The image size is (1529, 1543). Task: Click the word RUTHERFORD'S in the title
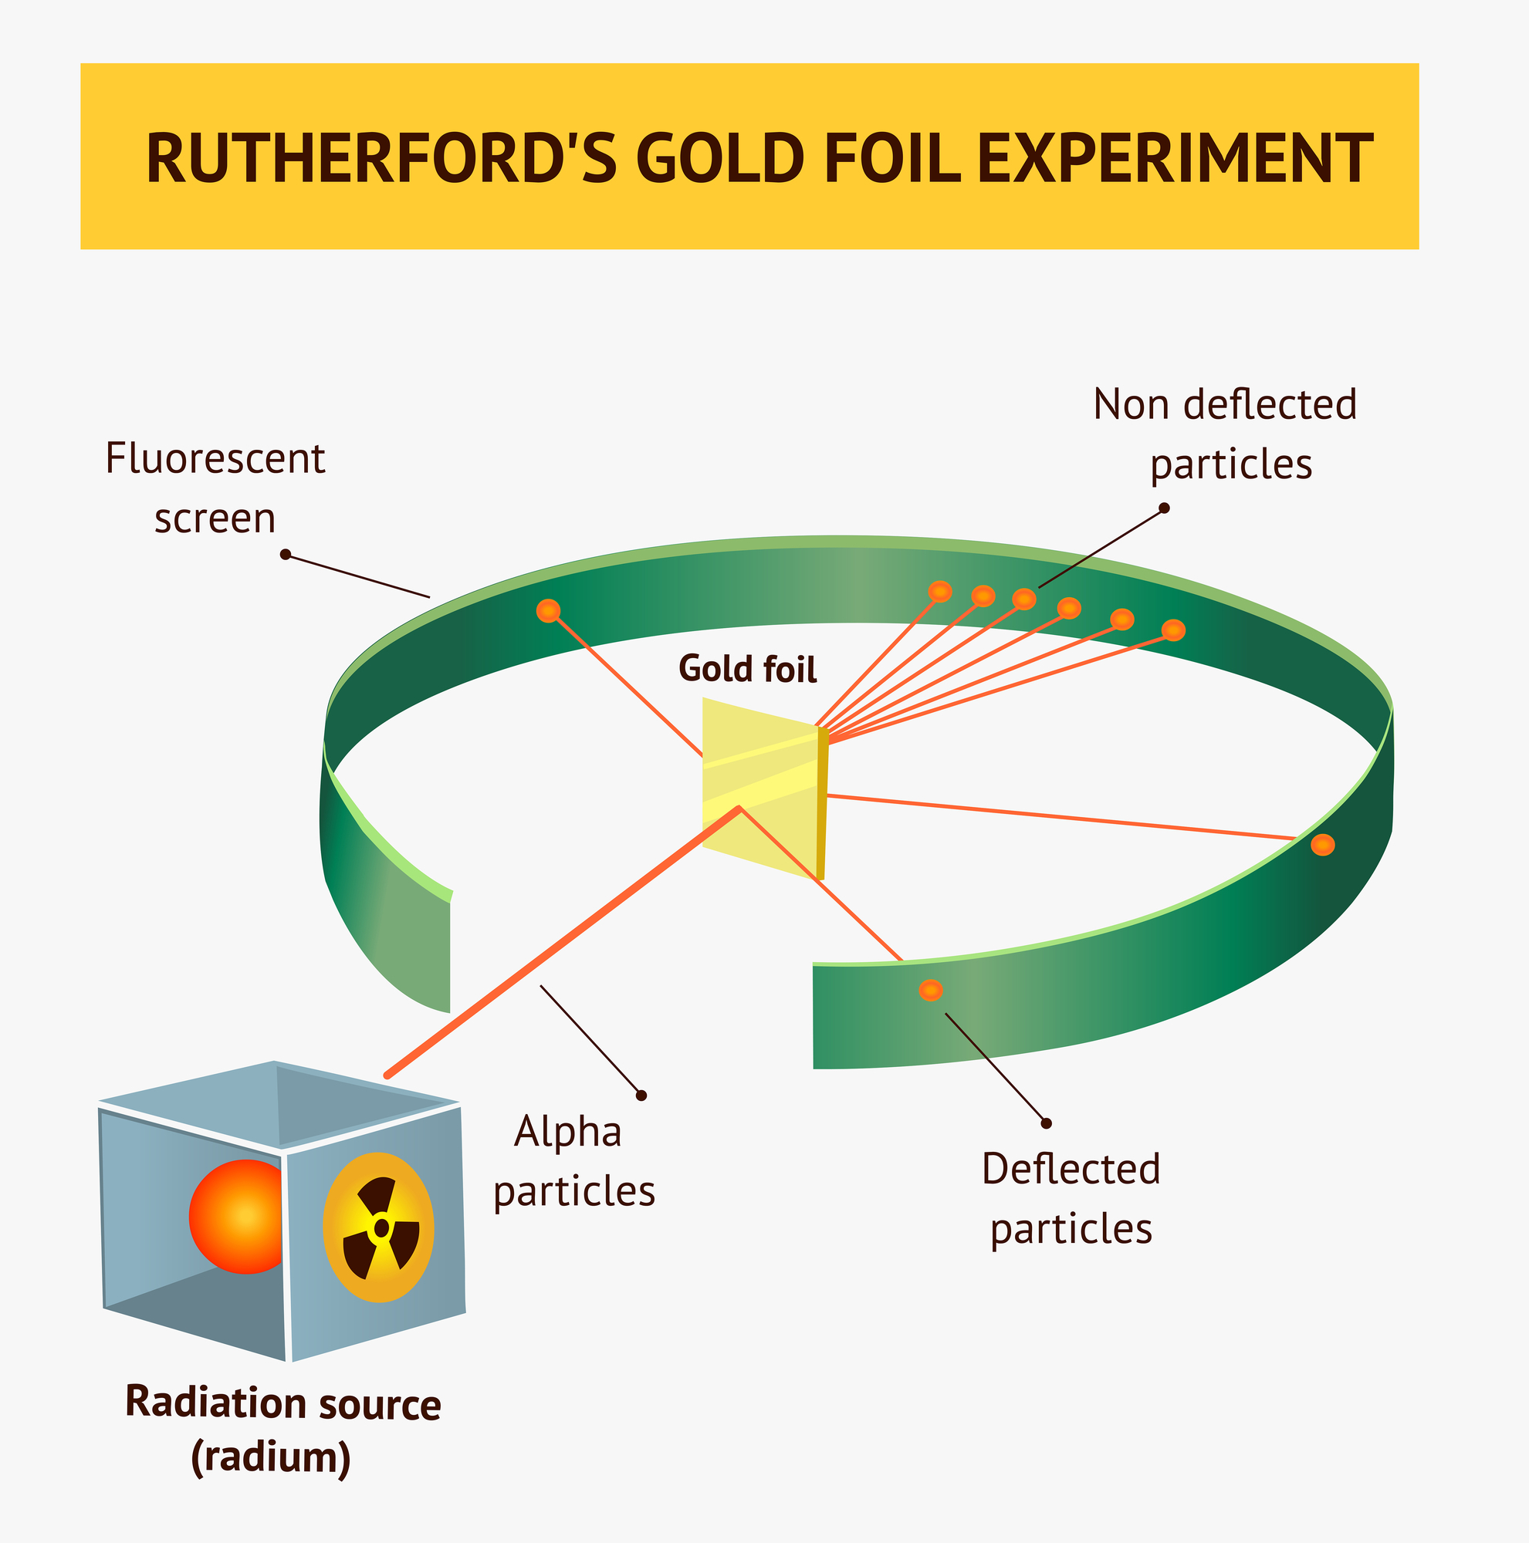pos(382,158)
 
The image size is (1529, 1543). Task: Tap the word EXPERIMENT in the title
pos(1173,158)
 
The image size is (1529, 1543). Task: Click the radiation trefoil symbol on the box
pos(381,1227)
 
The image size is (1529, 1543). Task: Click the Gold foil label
pos(747,669)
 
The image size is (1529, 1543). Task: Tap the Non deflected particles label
pos(1226,434)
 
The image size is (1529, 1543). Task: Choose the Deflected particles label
pos(1071,1198)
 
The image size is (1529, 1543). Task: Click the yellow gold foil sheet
pos(759,787)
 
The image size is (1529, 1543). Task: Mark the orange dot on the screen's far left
pos(548,611)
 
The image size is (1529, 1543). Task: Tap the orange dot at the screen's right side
pos(1323,845)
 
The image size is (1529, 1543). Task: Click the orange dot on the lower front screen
pos(931,991)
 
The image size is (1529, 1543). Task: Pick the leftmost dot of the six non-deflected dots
pos(940,592)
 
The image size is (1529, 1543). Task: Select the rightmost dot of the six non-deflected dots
pos(1172,630)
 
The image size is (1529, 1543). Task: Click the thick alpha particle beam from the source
pos(560,943)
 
